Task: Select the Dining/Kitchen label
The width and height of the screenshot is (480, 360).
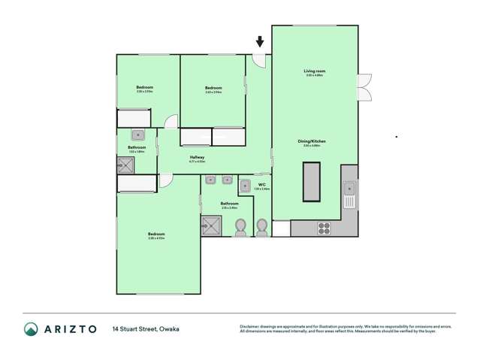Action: (311, 141)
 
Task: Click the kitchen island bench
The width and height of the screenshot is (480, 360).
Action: (311, 182)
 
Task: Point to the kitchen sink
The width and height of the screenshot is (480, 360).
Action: (349, 196)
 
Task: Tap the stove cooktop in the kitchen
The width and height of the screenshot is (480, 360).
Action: (325, 227)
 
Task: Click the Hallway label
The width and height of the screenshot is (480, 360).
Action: (197, 156)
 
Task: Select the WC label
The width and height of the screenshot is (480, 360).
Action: (262, 184)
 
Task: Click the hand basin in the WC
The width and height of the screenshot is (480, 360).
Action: (246, 186)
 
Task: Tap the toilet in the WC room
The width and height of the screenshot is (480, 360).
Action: (261, 226)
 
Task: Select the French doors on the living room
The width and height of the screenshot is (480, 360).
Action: (364, 87)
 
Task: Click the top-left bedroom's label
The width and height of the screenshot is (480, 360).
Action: (145, 88)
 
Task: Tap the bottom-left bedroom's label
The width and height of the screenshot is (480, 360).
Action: (155, 234)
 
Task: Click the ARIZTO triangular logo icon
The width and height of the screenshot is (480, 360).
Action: (31, 329)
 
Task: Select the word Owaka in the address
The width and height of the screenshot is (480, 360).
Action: (169, 329)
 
